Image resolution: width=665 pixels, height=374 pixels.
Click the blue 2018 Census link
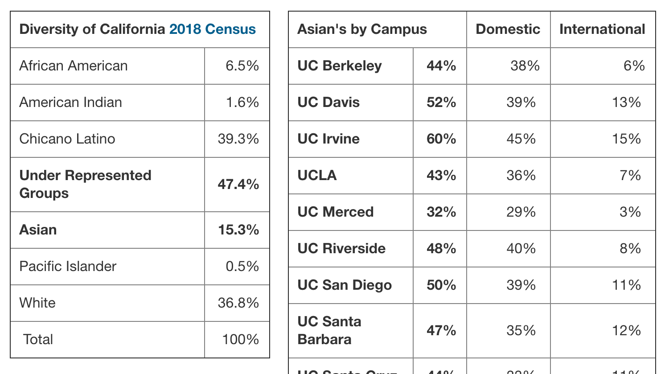[213, 29]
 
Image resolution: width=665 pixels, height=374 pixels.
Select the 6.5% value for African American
[242, 66]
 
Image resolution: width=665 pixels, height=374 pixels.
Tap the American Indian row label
[70, 103]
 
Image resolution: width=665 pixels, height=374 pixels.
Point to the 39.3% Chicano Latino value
[238, 139]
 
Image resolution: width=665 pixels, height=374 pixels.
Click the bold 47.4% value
[238, 185]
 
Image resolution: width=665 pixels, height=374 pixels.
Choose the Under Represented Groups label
[85, 184]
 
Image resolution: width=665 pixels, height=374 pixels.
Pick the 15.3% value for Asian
[238, 230]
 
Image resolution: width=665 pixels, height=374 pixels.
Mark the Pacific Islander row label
[68, 267]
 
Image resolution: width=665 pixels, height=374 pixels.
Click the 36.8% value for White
[238, 303]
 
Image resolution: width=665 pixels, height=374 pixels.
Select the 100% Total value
[240, 340]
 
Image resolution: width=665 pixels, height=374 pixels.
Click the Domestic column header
[508, 29]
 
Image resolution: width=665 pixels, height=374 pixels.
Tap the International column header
[602, 29]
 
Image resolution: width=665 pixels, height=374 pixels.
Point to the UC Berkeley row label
[340, 66]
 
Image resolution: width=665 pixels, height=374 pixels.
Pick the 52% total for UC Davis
[441, 103]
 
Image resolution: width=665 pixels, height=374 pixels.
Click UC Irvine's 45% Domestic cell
[521, 139]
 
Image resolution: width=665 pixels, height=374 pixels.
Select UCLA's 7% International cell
[630, 176]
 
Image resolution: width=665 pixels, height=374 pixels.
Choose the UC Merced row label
[335, 212]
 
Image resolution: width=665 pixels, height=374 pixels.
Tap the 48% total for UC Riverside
[441, 249]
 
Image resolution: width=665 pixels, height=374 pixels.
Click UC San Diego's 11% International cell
[626, 285]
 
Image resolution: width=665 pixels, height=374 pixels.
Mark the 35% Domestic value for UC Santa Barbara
[521, 331]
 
